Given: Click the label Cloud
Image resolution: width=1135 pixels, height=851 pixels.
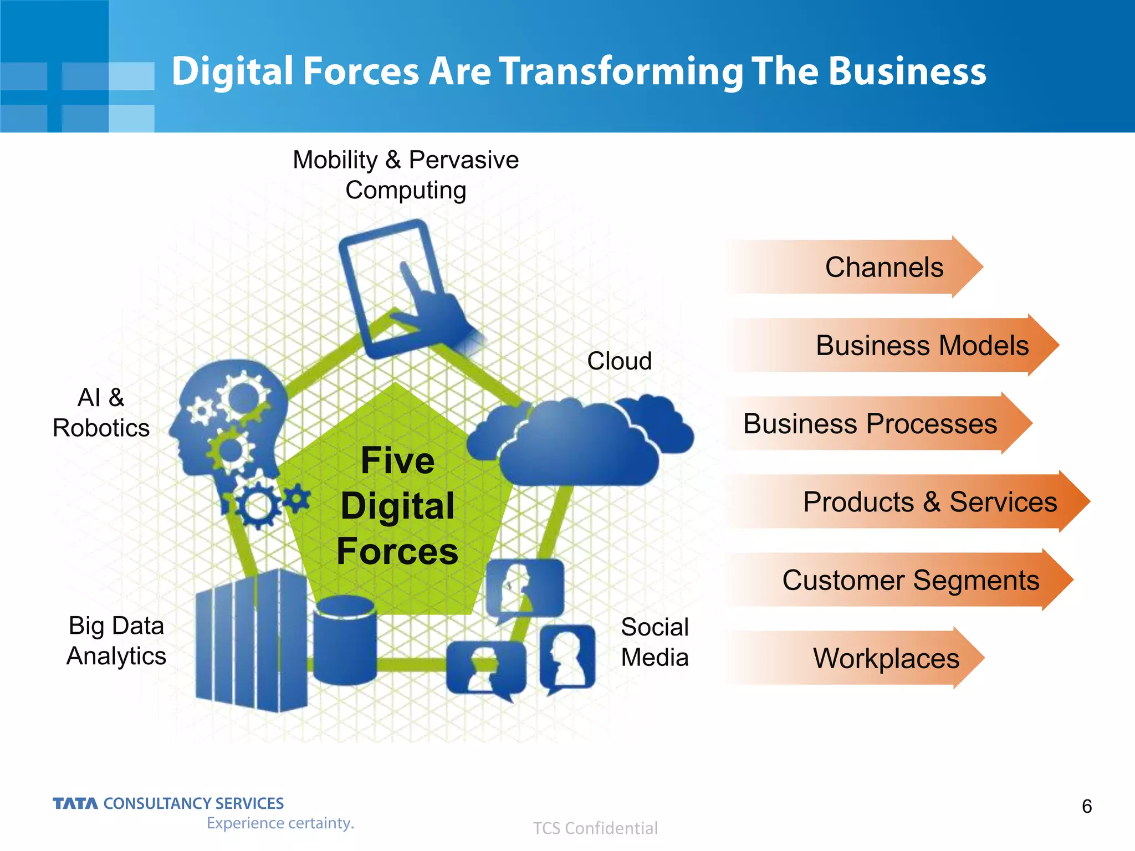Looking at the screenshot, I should click(619, 361).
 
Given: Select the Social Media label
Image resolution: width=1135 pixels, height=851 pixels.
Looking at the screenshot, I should click(655, 642).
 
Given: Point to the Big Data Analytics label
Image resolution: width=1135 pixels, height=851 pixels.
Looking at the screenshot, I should click(116, 640).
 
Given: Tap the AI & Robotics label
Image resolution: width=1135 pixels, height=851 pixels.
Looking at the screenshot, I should click(101, 413).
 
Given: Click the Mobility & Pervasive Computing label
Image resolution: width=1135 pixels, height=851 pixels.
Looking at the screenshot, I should click(406, 175).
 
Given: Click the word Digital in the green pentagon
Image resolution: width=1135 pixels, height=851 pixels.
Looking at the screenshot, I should click(397, 506).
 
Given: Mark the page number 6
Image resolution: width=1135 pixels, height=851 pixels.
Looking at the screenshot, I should click(1087, 806).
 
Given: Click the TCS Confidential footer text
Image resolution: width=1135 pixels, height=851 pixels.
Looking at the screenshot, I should click(595, 828).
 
